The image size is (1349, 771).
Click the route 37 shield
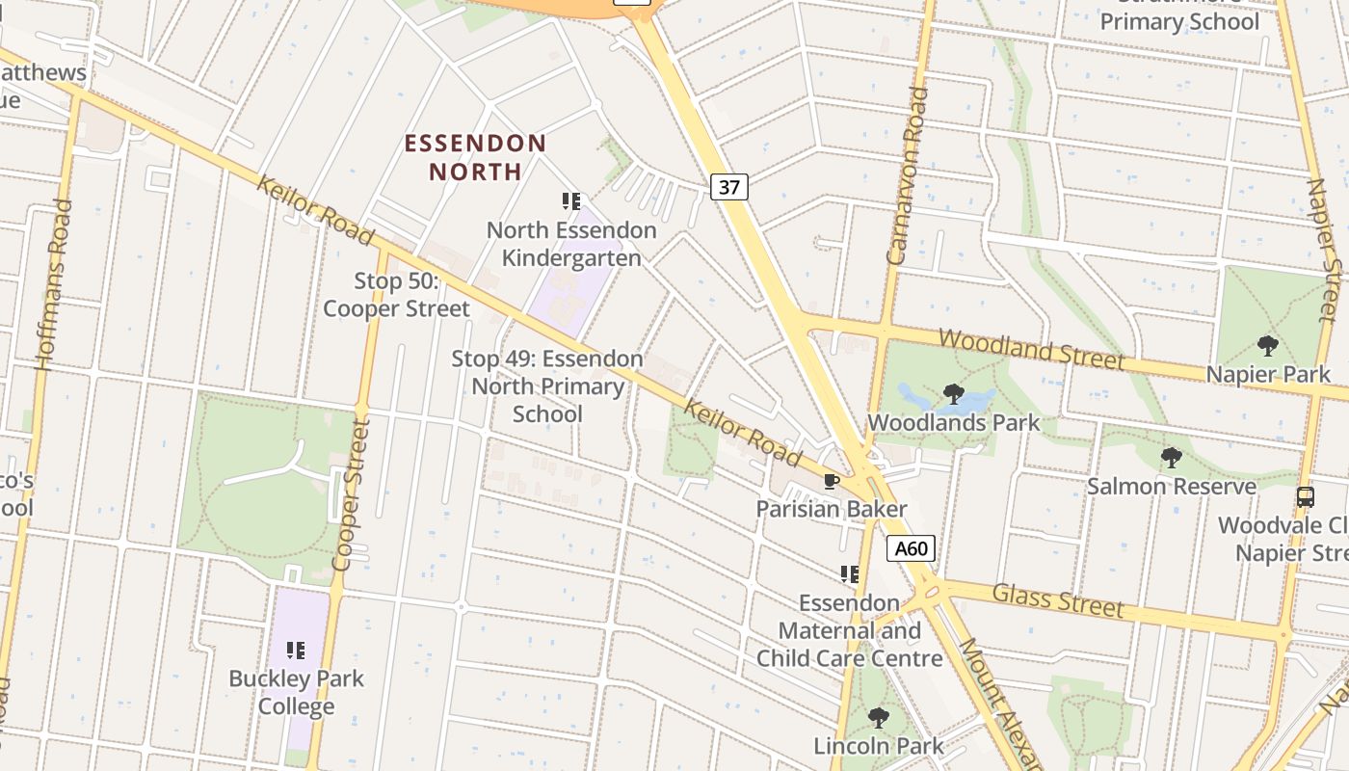(729, 187)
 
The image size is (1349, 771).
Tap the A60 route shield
(911, 549)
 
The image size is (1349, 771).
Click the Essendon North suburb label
(475, 158)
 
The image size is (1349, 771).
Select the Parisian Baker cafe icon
(832, 481)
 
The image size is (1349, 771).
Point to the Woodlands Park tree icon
(954, 394)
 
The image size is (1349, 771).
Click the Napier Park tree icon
(1268, 345)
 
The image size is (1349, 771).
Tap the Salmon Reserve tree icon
(1172, 458)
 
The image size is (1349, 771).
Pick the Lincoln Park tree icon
(878, 718)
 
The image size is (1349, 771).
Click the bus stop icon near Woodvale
(1306, 497)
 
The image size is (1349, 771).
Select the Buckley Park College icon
(296, 651)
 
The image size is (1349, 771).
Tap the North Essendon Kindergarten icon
(571, 201)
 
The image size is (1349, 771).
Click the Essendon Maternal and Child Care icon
(849, 574)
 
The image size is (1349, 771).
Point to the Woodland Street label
(1031, 349)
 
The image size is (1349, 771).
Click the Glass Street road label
(1058, 599)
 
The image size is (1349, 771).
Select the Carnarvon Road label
(908, 175)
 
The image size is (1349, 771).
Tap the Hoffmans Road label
(53, 285)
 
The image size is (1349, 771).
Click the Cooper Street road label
(350, 493)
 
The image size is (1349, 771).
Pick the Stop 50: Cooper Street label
(396, 295)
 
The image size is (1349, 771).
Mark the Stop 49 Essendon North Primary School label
(547, 386)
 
